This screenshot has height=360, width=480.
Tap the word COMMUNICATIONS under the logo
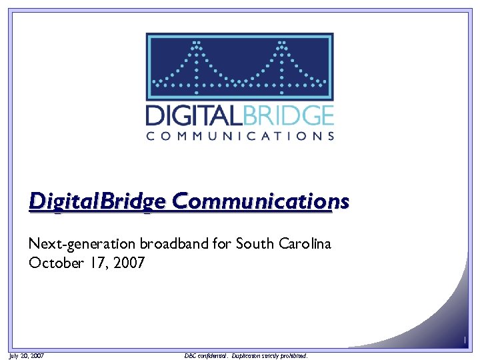(x=240, y=136)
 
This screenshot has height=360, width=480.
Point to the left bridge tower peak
(x=197, y=45)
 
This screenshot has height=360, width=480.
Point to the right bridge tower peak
(x=283, y=45)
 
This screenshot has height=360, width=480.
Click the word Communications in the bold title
(x=260, y=201)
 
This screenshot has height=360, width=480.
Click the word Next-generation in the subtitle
(x=73, y=244)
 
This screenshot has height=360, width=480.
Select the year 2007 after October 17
(x=128, y=263)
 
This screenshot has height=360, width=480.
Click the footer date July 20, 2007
(x=27, y=356)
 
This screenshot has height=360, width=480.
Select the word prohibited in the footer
(x=295, y=356)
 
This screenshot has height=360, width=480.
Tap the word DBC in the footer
(x=189, y=356)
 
